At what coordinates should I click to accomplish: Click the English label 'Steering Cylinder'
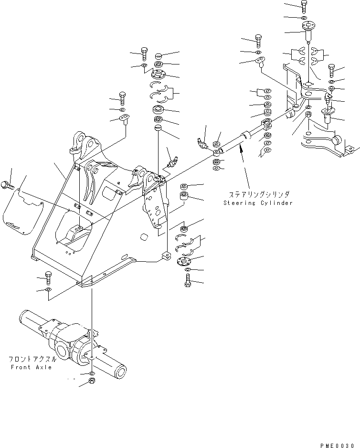pyautogui.click(x=258, y=203)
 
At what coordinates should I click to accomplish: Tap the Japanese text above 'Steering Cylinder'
pyautogui.click(x=258, y=194)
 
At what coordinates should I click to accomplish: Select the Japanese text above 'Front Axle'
pyautogui.click(x=32, y=359)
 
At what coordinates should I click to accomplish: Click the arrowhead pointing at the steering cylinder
pyautogui.click(x=242, y=150)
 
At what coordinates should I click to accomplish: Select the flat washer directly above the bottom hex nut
pyautogui.click(x=92, y=373)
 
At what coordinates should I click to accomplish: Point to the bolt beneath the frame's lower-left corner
pyautogui.click(x=48, y=276)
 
